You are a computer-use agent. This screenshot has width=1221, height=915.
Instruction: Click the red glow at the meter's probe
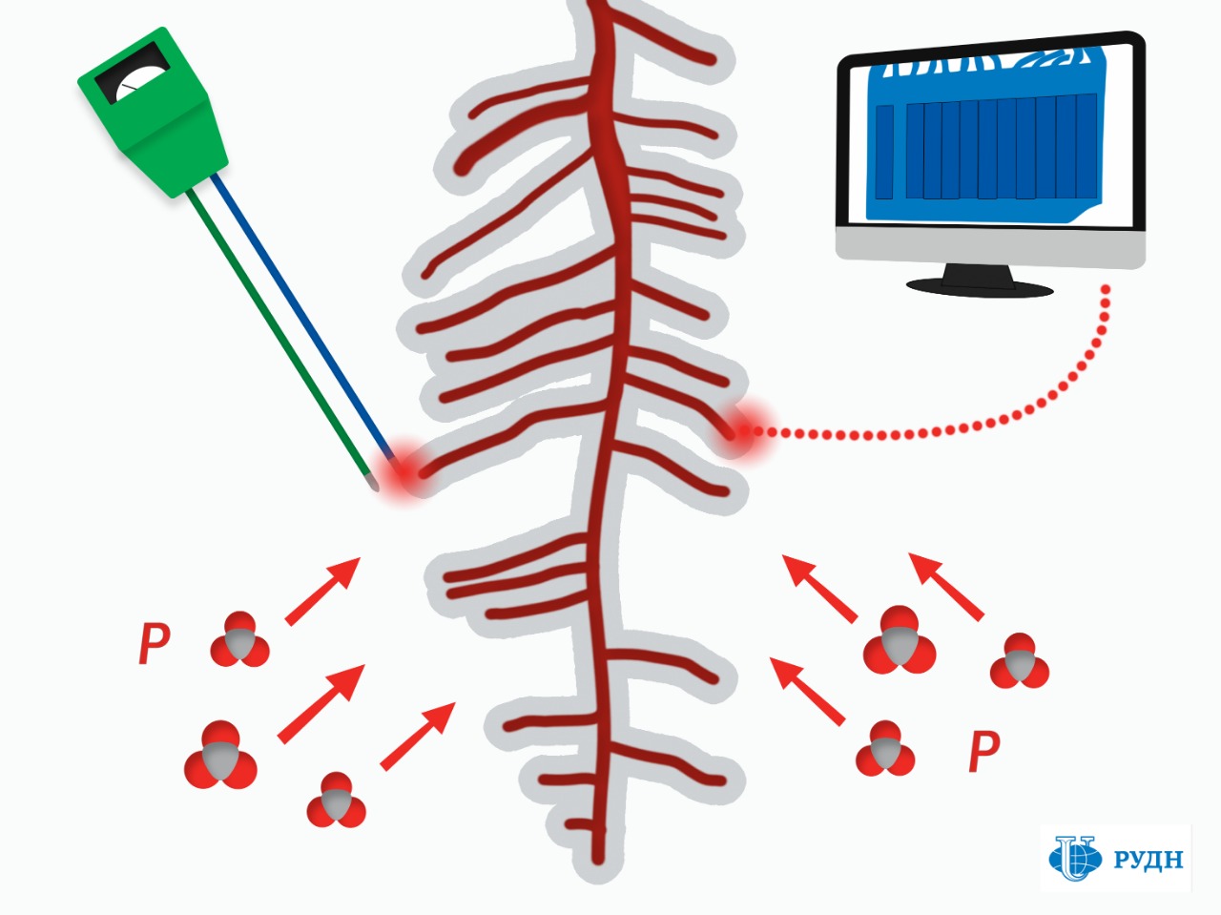404,470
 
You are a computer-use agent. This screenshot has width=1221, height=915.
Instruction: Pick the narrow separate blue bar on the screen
884,152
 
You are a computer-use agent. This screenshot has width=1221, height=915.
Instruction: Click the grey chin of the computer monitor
991,246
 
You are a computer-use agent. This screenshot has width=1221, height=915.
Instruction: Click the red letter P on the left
154,642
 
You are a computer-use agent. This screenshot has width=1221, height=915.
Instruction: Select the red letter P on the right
984,752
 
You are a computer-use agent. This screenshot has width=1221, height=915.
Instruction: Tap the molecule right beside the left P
239,638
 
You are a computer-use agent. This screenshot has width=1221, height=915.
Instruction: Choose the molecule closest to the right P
885,748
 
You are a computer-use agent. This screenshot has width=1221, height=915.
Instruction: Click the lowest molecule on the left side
336,800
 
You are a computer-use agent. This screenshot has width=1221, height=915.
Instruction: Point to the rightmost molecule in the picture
1020,660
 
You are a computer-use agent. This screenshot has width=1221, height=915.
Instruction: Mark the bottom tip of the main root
598,862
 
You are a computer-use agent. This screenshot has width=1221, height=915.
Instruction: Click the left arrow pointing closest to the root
418,736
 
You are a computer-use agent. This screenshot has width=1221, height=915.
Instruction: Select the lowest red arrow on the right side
807,692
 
